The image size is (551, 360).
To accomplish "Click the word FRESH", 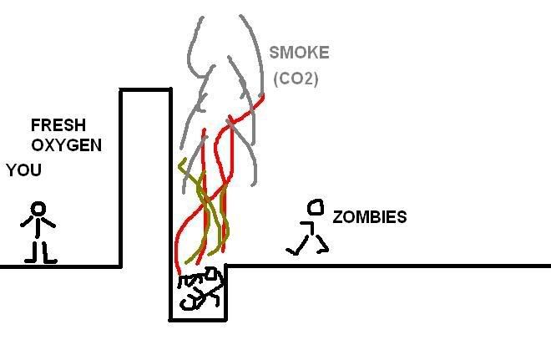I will (x=58, y=126).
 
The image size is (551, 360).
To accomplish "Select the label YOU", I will (x=23, y=170).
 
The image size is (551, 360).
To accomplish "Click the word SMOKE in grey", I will (x=299, y=53).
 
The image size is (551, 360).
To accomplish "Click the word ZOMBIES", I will (x=370, y=217).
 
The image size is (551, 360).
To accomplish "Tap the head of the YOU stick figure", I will (x=38, y=209).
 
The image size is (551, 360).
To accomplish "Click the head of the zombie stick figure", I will (x=316, y=206).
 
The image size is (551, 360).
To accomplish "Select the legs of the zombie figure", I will (x=307, y=245).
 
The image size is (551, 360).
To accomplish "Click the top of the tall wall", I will (x=146, y=89).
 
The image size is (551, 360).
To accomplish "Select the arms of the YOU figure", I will (x=38, y=223).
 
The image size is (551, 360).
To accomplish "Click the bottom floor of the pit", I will (x=198, y=318).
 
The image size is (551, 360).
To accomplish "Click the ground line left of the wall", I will (x=58, y=266).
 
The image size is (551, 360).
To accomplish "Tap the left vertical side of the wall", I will (x=122, y=175).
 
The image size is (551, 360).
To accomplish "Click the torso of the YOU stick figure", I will (x=38, y=230).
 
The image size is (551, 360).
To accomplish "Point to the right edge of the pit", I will (x=227, y=292).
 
